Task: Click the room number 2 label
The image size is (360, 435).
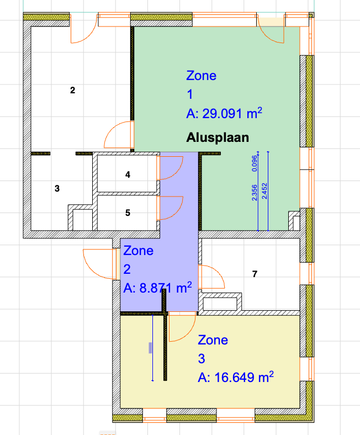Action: (x=72, y=90)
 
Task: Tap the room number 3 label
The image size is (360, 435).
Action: (x=57, y=189)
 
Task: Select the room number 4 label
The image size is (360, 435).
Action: (x=128, y=174)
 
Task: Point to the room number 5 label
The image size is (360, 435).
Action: (x=128, y=213)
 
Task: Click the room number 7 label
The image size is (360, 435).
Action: (x=255, y=274)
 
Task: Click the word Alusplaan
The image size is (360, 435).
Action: (x=218, y=137)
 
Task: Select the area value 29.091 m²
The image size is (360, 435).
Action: (x=232, y=113)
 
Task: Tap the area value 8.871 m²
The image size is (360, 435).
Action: (x=166, y=288)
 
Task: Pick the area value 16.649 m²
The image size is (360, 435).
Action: (x=244, y=377)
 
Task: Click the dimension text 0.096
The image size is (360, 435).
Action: (x=255, y=163)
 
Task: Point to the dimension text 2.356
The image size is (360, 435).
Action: (x=255, y=193)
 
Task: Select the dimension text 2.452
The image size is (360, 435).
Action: (x=264, y=191)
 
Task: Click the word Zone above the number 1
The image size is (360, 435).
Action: (x=201, y=76)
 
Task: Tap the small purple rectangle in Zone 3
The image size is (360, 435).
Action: (x=150, y=348)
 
